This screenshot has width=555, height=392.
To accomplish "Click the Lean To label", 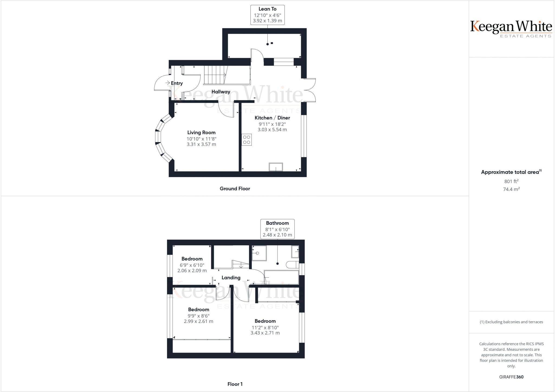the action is point(267,9).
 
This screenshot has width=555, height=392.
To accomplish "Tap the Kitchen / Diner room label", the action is point(272,118).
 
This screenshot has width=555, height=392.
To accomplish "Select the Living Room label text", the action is point(201,133).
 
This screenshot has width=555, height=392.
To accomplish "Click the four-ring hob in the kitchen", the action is point(247,140).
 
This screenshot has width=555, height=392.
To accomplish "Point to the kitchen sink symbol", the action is point(276,167).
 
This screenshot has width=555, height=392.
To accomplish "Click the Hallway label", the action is point(221,92).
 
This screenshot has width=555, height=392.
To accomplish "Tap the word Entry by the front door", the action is point(177,83).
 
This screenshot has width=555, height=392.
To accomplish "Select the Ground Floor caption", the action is point(235,188).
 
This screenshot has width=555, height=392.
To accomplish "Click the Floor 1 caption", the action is point(235,384).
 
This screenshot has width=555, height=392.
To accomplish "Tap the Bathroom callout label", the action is point(277,223).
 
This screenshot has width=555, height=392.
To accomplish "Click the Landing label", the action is point(231,278).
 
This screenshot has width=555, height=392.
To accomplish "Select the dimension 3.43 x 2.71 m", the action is point(265,333).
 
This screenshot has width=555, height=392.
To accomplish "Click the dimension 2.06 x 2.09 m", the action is point(192,271).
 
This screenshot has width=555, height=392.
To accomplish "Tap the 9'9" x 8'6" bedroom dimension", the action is point(199,316).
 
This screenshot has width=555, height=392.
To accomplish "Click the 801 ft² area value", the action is point(511,181).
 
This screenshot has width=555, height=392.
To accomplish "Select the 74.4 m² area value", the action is point(511,189).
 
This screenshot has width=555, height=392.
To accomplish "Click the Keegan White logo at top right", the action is point(511,29).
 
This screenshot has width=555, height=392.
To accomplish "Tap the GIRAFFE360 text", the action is point(511,377).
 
